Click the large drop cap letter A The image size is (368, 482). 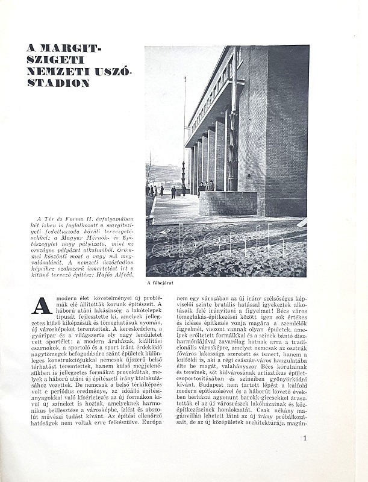[x=41, y=305]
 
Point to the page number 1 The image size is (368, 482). [x=305, y=438]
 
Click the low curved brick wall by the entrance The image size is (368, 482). [x=228, y=203]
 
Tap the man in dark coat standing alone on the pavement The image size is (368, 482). [x=173, y=192]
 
